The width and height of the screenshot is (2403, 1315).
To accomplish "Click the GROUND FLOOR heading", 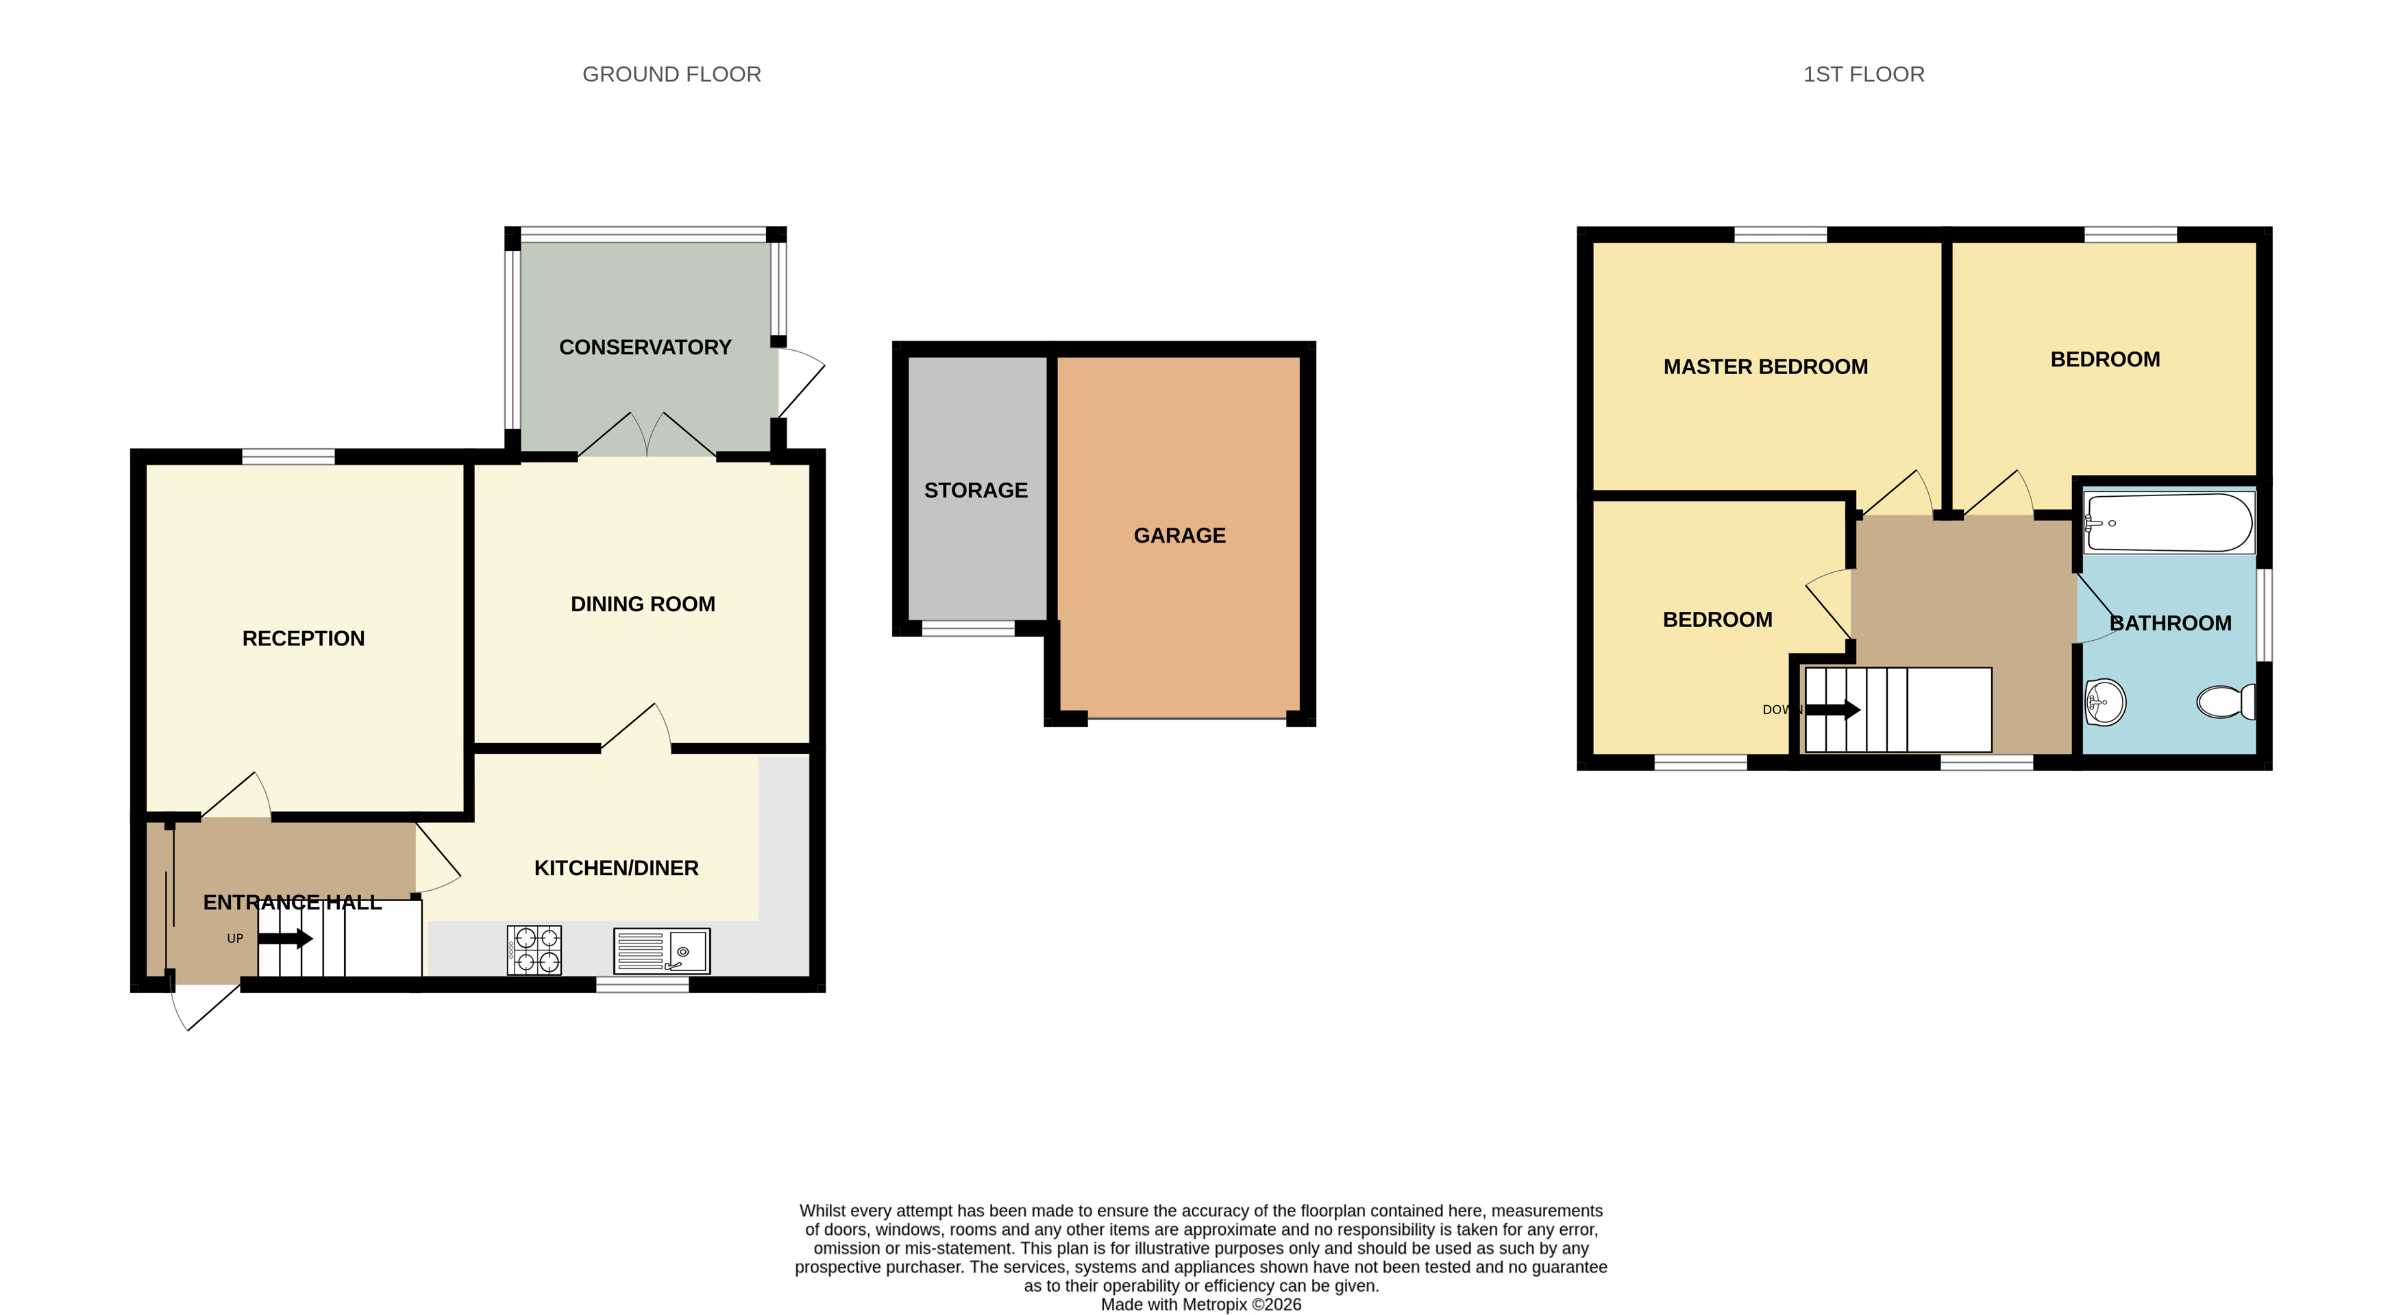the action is pos(671,75).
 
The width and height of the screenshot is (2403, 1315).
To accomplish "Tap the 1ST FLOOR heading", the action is pos(1864,75).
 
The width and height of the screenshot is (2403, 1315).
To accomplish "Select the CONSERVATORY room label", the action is pos(645,347).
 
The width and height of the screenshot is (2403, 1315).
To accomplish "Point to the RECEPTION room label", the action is pos(303,638).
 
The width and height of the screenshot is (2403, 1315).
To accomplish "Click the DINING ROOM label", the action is pos(643,604).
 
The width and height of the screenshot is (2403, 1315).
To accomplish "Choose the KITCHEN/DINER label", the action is pos(616,868).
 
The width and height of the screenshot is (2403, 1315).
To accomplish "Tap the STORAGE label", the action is pos(976,490).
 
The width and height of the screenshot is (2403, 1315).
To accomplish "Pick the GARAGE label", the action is pos(1180,534).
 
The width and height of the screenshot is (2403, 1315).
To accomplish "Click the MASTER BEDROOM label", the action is pos(1766,367).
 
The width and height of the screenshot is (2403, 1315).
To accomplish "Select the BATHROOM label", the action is pos(2171,622).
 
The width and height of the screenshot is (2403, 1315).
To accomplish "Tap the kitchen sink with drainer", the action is pos(661,950).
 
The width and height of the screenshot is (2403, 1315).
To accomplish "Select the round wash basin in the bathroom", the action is pos(2106,702).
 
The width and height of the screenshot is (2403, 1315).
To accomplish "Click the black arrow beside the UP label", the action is pos(286,938).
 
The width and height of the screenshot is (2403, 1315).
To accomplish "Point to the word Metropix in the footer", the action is pos(1215,1304).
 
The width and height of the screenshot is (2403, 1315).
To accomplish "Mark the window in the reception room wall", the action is pos(288,456).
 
